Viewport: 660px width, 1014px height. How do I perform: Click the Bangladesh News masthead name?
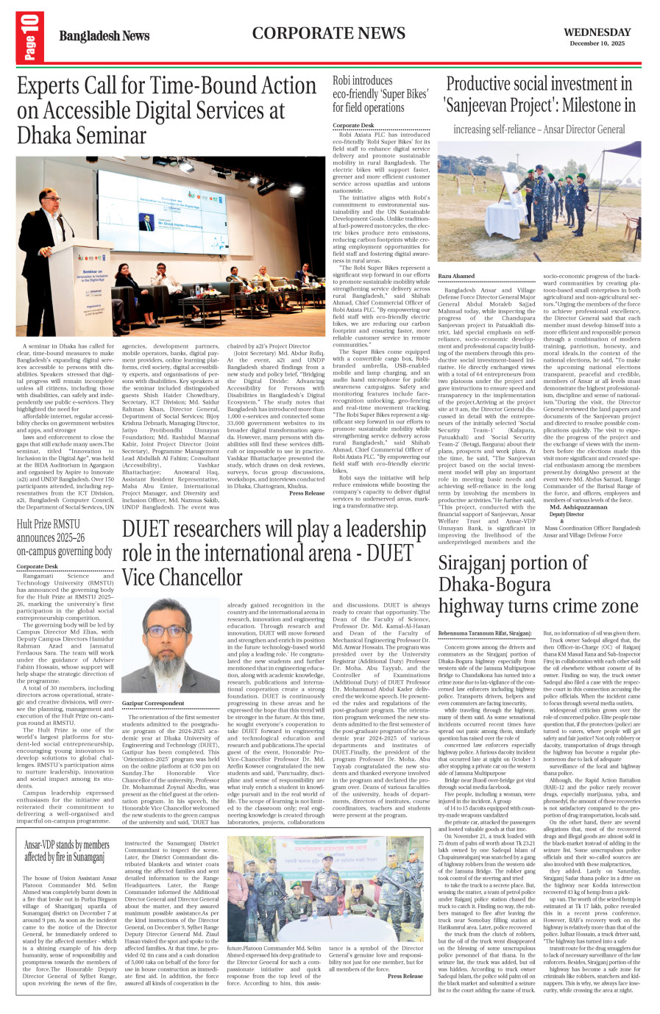click(x=104, y=36)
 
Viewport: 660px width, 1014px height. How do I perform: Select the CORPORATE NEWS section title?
click(x=328, y=33)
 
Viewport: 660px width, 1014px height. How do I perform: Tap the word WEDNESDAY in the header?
click(x=597, y=32)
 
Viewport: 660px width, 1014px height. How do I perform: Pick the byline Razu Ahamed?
click(x=456, y=276)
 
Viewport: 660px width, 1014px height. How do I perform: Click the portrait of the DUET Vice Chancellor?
click(x=170, y=646)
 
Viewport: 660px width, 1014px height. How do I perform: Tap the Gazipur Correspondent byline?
click(x=153, y=704)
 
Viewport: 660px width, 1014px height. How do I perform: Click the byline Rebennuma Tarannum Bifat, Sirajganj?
click(x=484, y=632)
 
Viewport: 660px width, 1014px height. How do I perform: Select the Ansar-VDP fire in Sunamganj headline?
click(x=66, y=851)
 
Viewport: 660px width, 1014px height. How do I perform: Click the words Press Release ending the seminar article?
click(x=307, y=493)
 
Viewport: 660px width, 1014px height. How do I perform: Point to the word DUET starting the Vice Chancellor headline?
click(x=147, y=530)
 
